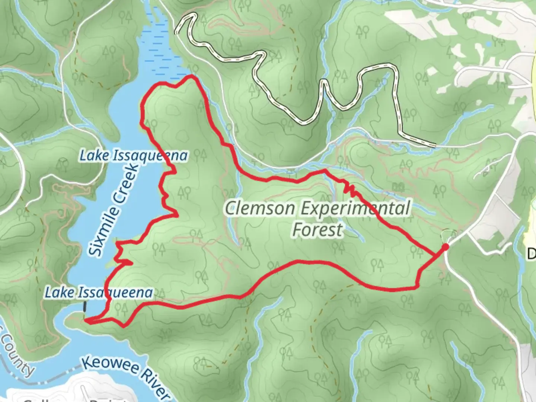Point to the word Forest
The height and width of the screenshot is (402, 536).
click(317, 230)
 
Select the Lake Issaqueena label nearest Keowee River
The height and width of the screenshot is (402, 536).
click(99, 293)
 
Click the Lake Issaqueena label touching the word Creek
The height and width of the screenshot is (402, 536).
click(134, 156)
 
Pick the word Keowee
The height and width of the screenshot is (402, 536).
click(108, 367)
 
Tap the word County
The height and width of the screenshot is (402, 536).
click(17, 354)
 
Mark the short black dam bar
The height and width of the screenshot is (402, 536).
click(85, 306)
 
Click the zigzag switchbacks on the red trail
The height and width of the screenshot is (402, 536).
click(350, 189)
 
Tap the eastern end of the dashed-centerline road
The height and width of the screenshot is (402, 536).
click(435, 145)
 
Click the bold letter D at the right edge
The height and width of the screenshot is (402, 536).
click(531, 254)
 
